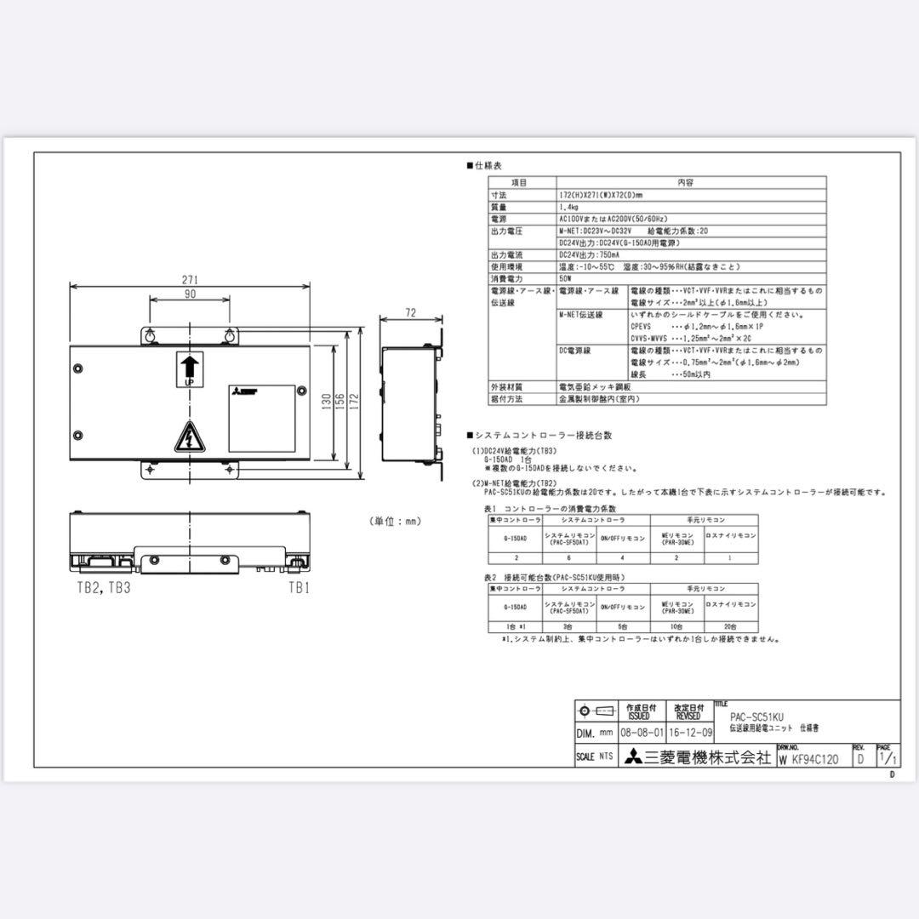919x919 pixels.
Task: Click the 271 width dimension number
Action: (189, 279)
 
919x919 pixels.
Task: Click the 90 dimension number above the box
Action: (189, 294)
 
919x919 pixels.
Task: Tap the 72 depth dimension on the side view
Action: (410, 313)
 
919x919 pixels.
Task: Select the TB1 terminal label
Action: (298, 587)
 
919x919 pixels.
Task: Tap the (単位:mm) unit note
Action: (394, 521)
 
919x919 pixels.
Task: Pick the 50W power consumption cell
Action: (566, 278)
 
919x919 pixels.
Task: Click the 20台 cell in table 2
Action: (731, 626)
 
